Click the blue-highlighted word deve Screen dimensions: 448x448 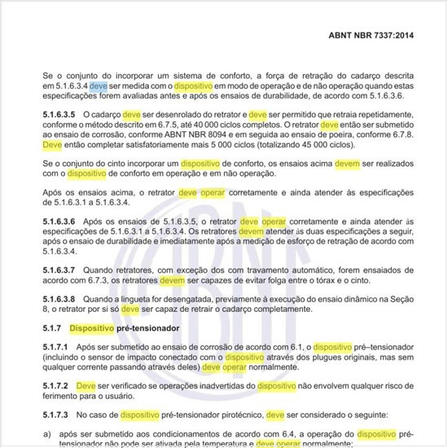(x=97, y=84)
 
